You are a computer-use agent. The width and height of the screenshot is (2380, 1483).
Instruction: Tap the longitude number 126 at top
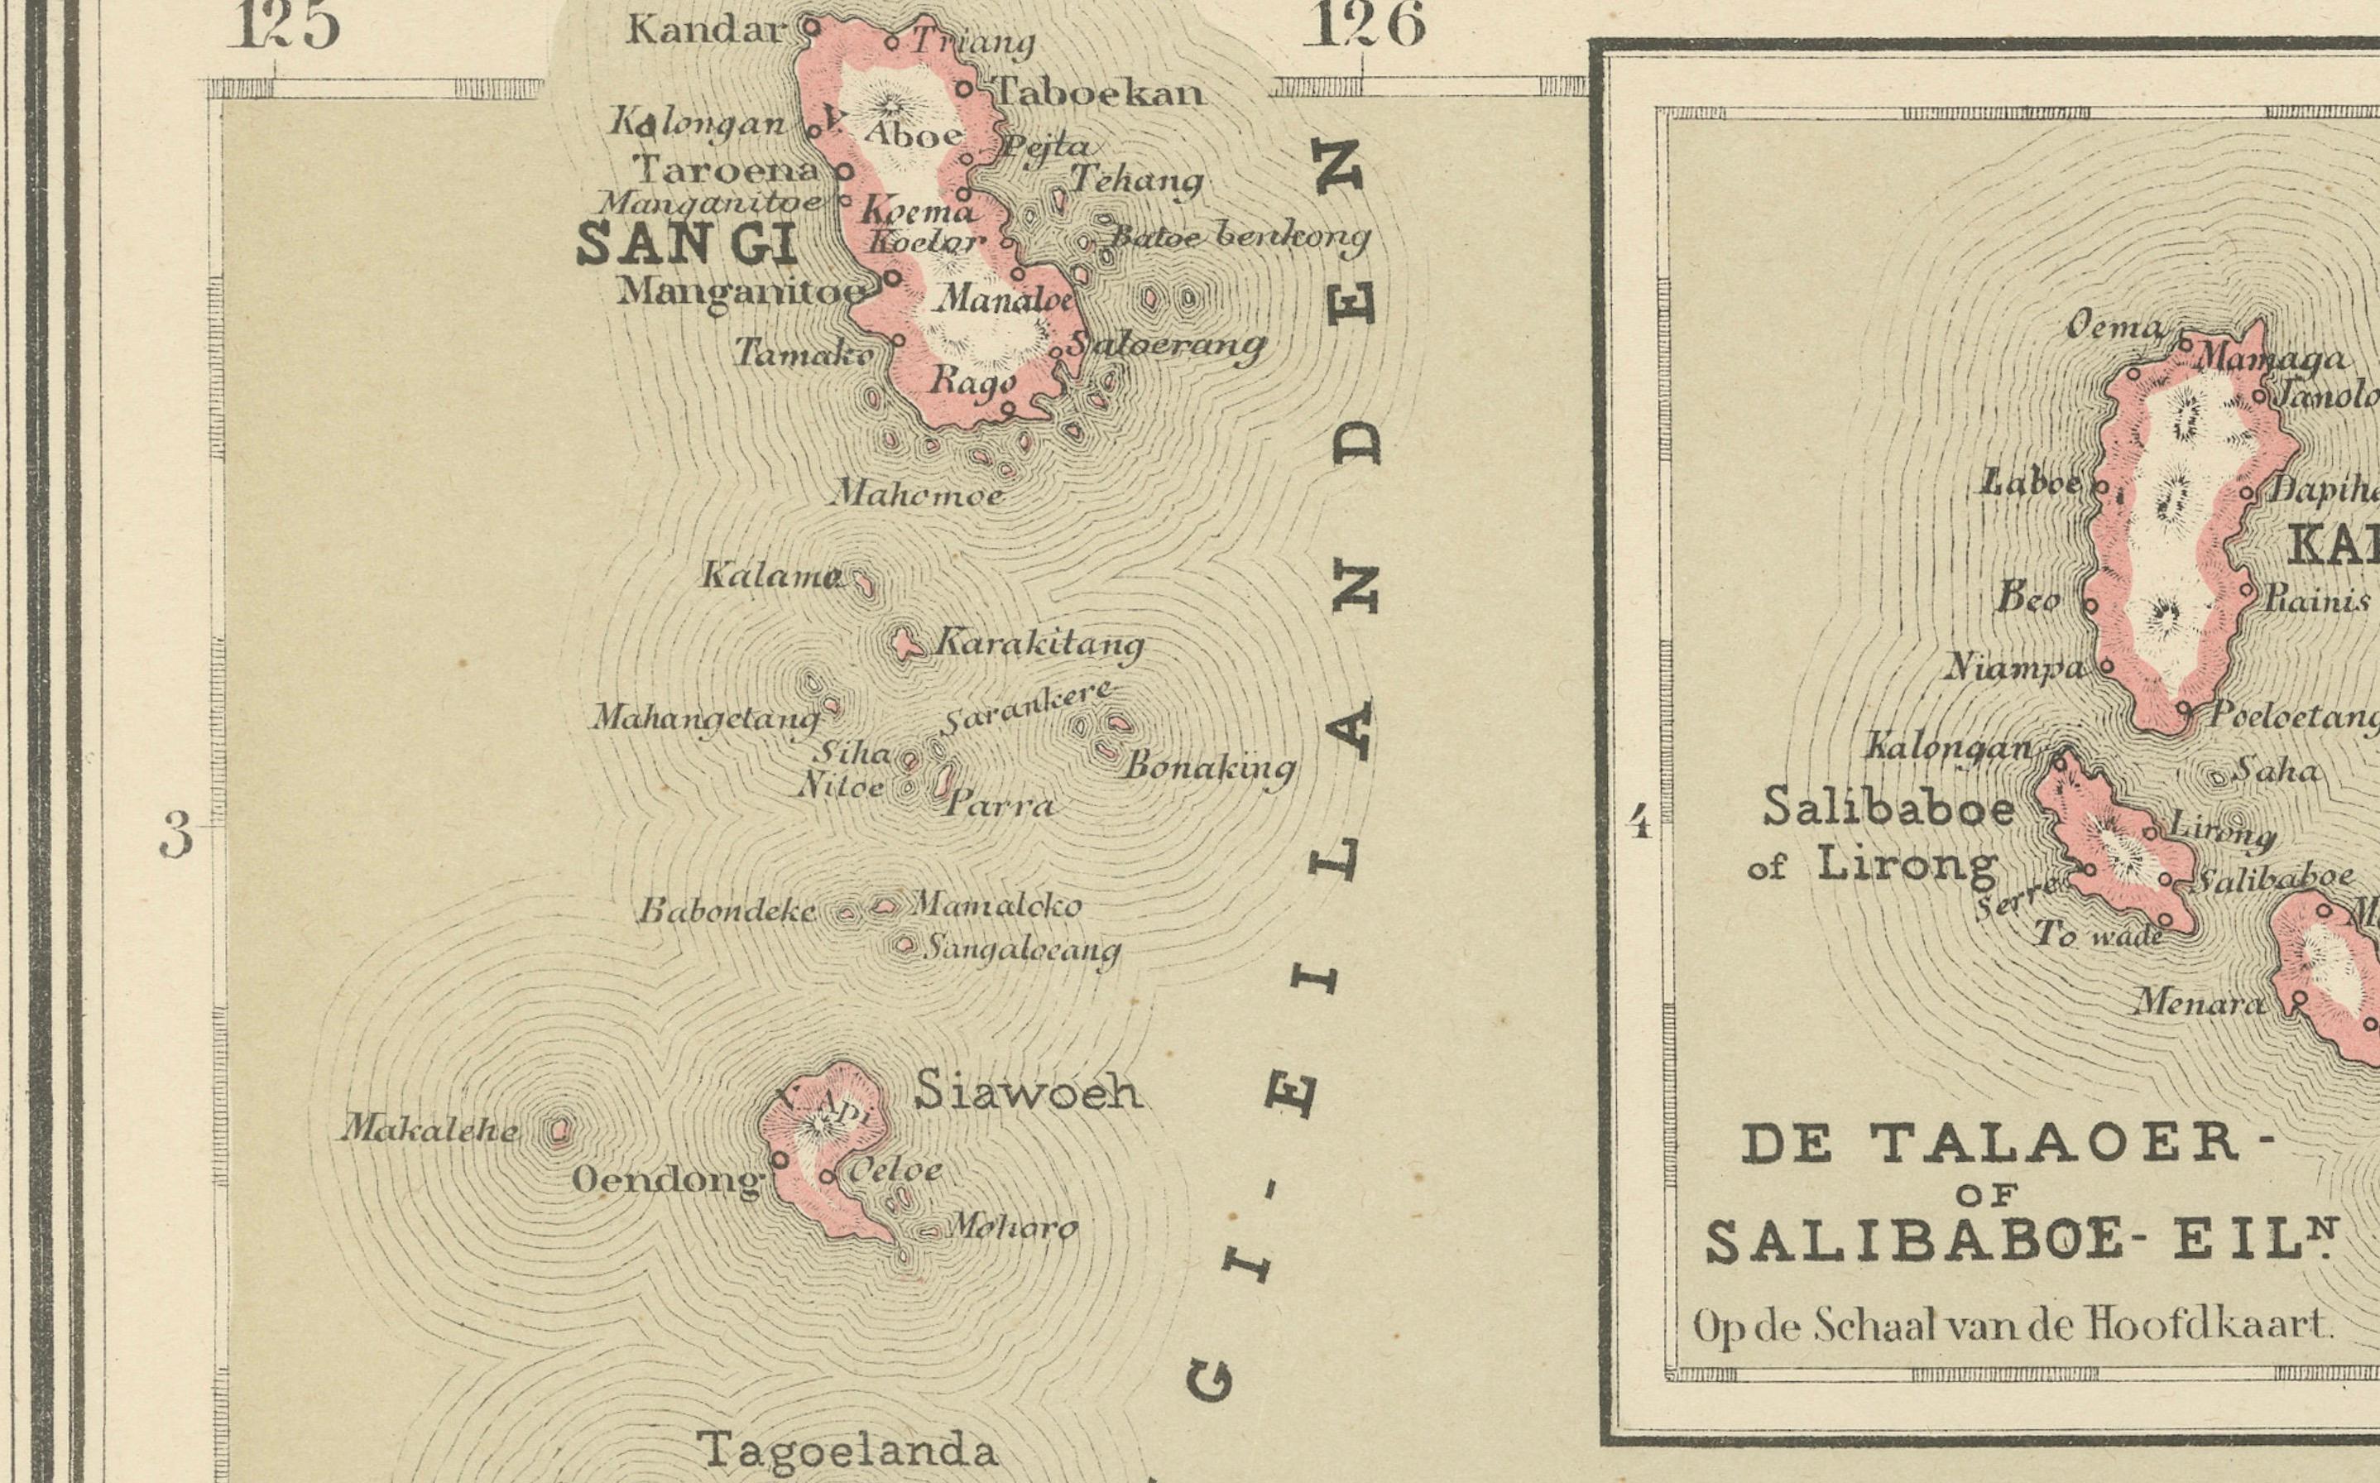(x=1363, y=26)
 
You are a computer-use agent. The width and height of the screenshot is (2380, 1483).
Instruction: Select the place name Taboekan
(x=1099, y=94)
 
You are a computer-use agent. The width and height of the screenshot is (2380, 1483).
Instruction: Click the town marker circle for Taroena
(x=843, y=171)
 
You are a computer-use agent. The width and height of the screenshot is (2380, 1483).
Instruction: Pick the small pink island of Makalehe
(x=559, y=1131)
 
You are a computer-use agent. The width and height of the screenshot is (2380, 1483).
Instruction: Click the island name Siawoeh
(x=1028, y=1092)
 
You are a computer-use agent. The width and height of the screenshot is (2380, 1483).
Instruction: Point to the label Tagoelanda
(x=847, y=1450)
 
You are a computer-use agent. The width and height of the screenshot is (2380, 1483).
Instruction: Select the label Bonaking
(x=1209, y=767)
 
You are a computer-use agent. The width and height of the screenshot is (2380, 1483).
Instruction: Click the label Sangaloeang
(x=1023, y=949)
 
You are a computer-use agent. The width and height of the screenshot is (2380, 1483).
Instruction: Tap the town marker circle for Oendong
(x=780, y=1159)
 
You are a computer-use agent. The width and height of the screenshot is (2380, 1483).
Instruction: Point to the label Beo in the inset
(x=2028, y=599)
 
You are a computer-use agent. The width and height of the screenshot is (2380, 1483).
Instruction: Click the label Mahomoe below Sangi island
(x=917, y=493)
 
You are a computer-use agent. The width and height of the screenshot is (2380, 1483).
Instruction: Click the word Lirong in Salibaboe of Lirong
(x=1907, y=865)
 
